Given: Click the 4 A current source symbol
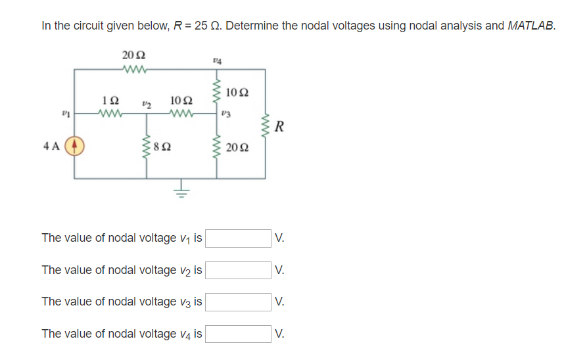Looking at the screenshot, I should [74, 146].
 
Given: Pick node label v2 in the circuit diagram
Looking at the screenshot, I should [147, 103].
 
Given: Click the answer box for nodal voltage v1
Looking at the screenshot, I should [238, 238].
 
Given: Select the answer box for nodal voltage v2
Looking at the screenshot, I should [238, 270].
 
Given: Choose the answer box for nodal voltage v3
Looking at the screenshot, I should [238, 302].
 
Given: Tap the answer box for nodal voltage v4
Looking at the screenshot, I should [238, 334].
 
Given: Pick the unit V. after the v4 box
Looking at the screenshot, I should [280, 334].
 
